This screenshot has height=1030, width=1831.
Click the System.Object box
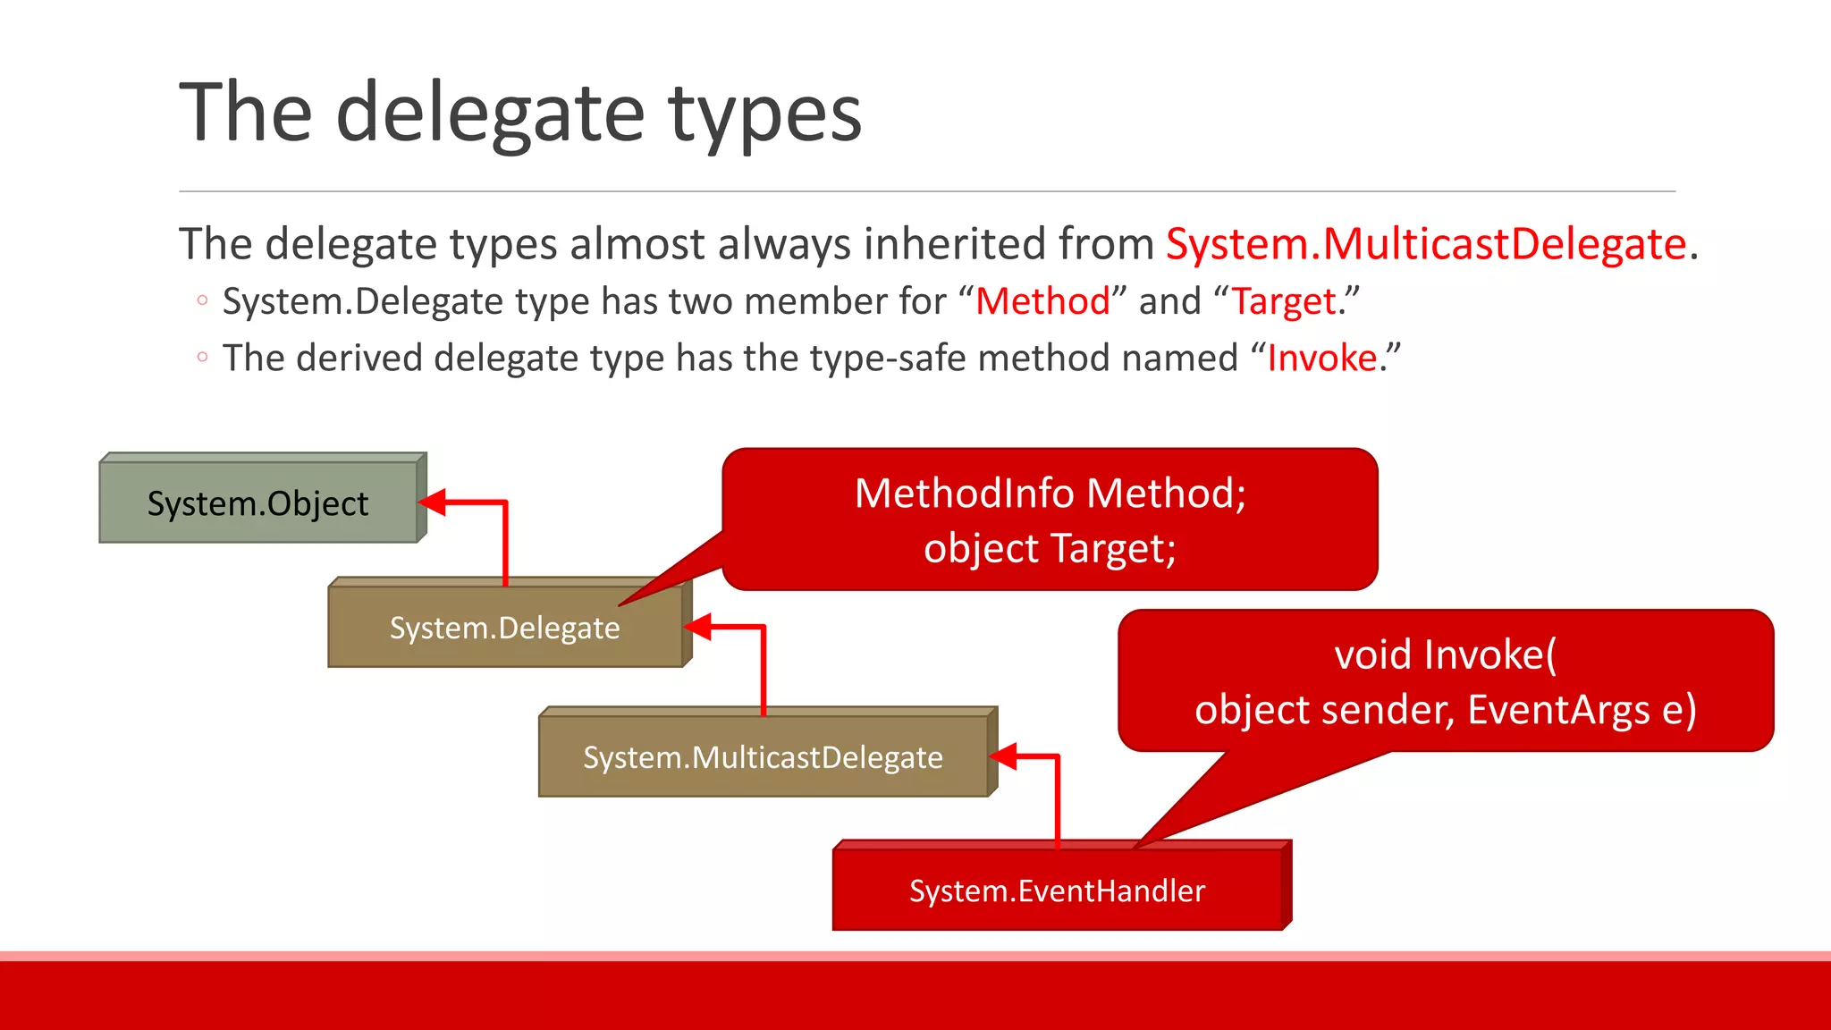[257, 502]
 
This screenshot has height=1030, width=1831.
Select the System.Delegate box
[504, 628]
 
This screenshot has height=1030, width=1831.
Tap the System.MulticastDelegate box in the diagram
[763, 757]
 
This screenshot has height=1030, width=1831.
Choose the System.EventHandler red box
[1057, 891]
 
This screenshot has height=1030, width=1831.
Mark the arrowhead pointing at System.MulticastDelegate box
[1004, 756]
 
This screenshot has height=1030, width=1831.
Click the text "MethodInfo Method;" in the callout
[1050, 494]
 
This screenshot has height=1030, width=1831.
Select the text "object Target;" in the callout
[1050, 548]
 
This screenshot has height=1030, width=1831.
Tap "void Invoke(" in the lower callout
[1445, 654]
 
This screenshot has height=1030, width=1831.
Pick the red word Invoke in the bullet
[1322, 359]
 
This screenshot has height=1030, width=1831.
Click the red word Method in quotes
[1042, 301]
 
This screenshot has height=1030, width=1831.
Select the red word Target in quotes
[1284, 301]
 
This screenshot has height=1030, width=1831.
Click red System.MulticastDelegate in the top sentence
[1426, 244]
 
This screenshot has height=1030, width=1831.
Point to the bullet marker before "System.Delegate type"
[202, 301]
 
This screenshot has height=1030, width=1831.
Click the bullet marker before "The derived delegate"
[202, 358]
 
